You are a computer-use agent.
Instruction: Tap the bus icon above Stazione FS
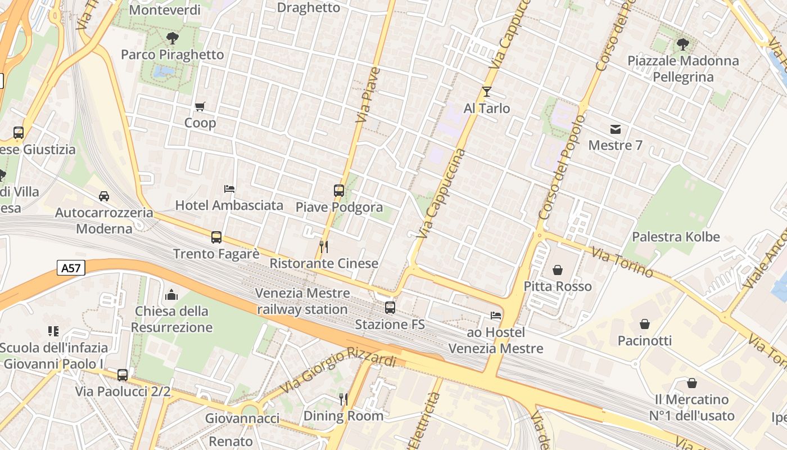(390, 308)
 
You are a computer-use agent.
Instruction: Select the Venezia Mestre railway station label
(302, 301)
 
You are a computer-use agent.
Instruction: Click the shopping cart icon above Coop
(200, 106)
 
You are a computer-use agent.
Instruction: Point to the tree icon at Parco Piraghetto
(172, 38)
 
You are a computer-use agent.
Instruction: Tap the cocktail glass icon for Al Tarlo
(487, 92)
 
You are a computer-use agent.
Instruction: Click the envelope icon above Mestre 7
(616, 129)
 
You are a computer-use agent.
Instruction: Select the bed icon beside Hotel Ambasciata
(229, 189)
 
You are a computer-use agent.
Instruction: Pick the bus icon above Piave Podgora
(339, 191)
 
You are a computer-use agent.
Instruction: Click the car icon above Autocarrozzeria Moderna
(104, 196)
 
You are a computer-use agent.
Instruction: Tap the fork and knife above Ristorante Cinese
(324, 247)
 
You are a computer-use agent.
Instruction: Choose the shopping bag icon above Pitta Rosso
(558, 271)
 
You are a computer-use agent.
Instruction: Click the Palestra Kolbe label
(676, 237)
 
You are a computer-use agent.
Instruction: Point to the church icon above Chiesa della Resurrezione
(171, 295)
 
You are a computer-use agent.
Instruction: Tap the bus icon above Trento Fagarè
(216, 237)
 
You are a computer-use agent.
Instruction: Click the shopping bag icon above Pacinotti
(645, 325)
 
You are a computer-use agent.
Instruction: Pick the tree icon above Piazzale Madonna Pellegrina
(683, 44)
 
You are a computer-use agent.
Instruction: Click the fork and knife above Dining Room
(343, 399)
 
